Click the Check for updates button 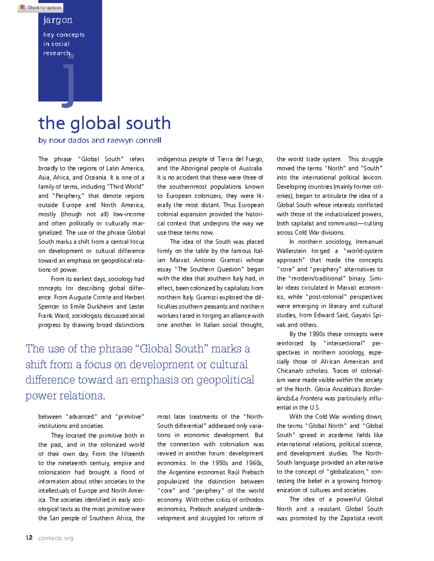tap(40, 8)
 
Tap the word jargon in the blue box tap(58, 20)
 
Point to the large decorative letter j tap(68, 81)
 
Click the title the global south tap(104, 123)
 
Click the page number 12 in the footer tap(29, 538)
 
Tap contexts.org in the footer tap(56, 538)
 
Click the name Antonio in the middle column tap(207, 260)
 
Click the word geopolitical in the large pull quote tap(225, 380)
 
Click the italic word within tap(344, 380)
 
